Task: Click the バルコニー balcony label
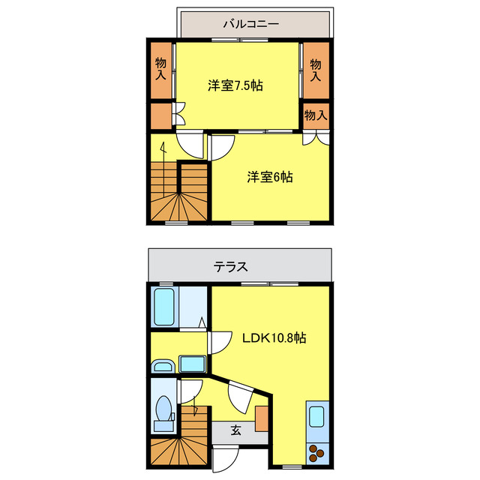(x=250, y=23)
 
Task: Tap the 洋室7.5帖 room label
(x=235, y=85)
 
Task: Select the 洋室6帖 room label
(x=270, y=177)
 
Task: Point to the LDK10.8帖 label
(x=273, y=337)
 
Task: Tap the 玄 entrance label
(x=235, y=430)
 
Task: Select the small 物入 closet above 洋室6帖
(x=316, y=115)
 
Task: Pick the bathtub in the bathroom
(x=164, y=306)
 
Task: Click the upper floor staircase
(x=178, y=193)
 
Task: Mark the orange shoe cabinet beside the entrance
(x=261, y=418)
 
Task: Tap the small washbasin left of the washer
(x=162, y=367)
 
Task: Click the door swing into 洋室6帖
(x=220, y=146)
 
